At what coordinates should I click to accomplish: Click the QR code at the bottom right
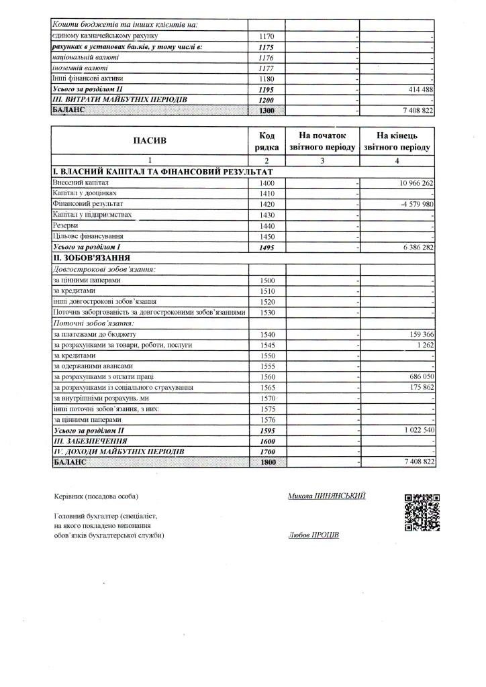(x=422, y=512)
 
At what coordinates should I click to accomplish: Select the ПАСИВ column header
(x=150, y=141)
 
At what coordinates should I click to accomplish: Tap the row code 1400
(x=267, y=182)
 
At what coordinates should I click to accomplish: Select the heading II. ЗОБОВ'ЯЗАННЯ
(x=91, y=258)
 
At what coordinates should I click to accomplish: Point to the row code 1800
(x=267, y=463)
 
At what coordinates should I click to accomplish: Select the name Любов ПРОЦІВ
(x=313, y=535)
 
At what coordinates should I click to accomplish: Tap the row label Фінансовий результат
(x=88, y=204)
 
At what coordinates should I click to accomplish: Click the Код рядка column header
(x=267, y=141)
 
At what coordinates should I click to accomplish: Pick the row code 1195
(x=267, y=89)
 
